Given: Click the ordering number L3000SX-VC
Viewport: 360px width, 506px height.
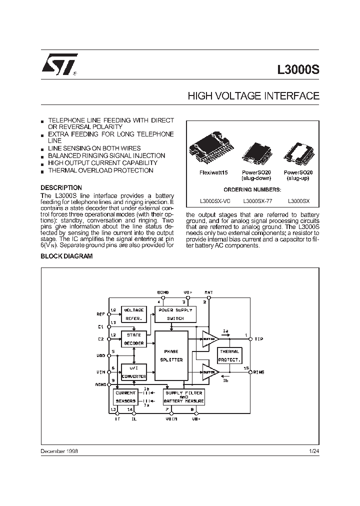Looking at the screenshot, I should point(214,201).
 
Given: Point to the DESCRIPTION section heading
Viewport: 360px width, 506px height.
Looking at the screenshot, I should point(60,188).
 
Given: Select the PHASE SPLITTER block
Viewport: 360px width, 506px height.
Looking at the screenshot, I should point(171,355).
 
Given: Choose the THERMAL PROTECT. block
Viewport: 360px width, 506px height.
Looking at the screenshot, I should point(229,355).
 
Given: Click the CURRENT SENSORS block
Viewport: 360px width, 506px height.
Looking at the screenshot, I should point(125,397).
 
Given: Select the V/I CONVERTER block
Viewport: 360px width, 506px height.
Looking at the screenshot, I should point(133,372).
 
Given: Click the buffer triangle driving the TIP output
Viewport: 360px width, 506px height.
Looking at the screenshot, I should point(209,339).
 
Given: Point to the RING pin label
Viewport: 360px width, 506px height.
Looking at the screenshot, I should point(259,372).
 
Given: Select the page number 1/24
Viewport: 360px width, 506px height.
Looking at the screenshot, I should point(314,451).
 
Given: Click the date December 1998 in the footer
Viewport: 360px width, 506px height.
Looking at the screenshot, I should point(59,451).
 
